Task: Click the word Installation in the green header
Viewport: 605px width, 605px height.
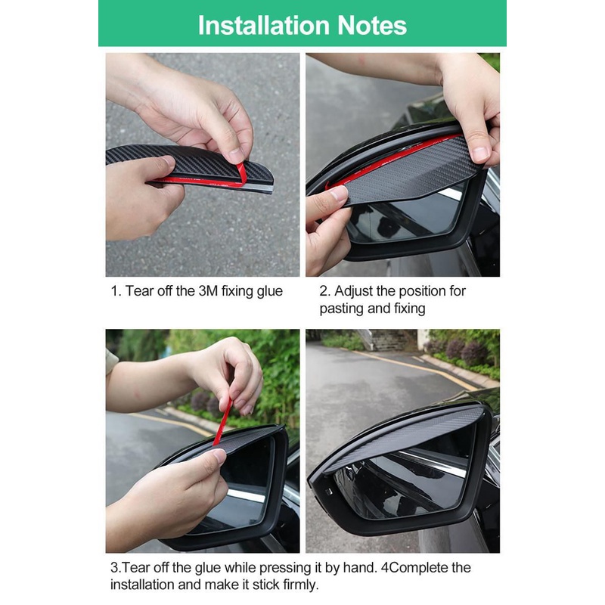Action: pyautogui.click(x=263, y=26)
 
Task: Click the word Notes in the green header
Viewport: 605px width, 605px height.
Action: pyautogui.click(x=372, y=26)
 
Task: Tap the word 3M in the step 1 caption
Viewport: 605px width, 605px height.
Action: pyautogui.click(x=209, y=291)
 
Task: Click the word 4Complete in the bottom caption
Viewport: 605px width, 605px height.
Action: pyautogui.click(x=415, y=569)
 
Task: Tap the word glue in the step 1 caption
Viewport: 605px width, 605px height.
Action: pyautogui.click(x=270, y=292)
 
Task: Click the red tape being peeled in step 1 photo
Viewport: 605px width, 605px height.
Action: pyautogui.click(x=239, y=175)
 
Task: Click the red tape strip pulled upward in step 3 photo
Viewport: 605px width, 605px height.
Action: pyautogui.click(x=223, y=422)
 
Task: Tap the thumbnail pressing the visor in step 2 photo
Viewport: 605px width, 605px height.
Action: pyautogui.click(x=339, y=192)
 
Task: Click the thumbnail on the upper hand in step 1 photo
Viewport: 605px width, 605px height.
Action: pyautogui.click(x=236, y=155)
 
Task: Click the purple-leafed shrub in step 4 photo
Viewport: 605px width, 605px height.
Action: pyautogui.click(x=467, y=351)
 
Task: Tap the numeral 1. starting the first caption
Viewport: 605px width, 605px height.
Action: pyautogui.click(x=116, y=291)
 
